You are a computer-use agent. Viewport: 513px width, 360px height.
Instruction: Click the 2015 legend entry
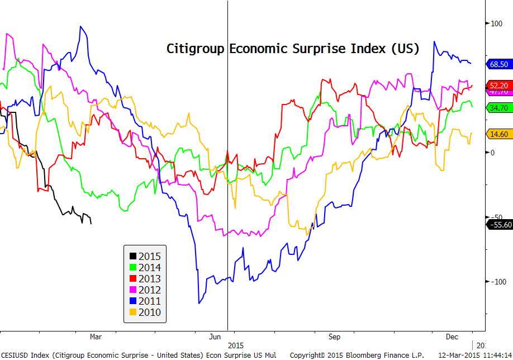144,257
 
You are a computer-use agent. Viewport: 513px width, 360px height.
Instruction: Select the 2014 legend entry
144,268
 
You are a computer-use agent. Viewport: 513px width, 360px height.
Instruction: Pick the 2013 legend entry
144,279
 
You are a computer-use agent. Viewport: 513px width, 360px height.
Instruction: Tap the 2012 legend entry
144,290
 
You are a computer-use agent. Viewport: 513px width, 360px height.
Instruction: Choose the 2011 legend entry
144,301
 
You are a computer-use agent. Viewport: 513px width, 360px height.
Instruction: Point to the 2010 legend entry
144,312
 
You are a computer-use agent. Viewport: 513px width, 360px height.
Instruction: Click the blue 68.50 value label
498,64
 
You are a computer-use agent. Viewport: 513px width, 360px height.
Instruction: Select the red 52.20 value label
498,86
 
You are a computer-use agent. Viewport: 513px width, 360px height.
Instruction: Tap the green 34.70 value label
498,107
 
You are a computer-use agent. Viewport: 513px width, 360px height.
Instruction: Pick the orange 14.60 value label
498,134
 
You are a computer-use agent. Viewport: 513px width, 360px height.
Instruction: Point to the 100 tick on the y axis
496,23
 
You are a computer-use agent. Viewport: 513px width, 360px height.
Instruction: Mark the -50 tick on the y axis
496,217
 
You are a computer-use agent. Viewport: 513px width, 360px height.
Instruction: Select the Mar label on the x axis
96,337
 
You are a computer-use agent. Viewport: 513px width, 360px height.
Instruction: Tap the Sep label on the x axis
334,337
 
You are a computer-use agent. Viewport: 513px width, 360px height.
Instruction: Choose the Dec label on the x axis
453,337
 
